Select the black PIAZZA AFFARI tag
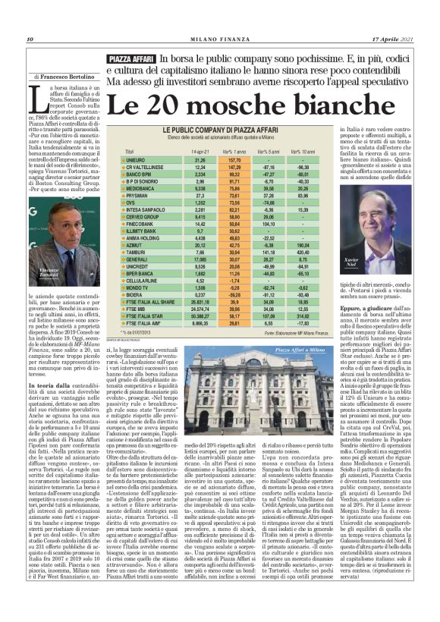tap(131, 58)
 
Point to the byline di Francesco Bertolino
tap(64, 77)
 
